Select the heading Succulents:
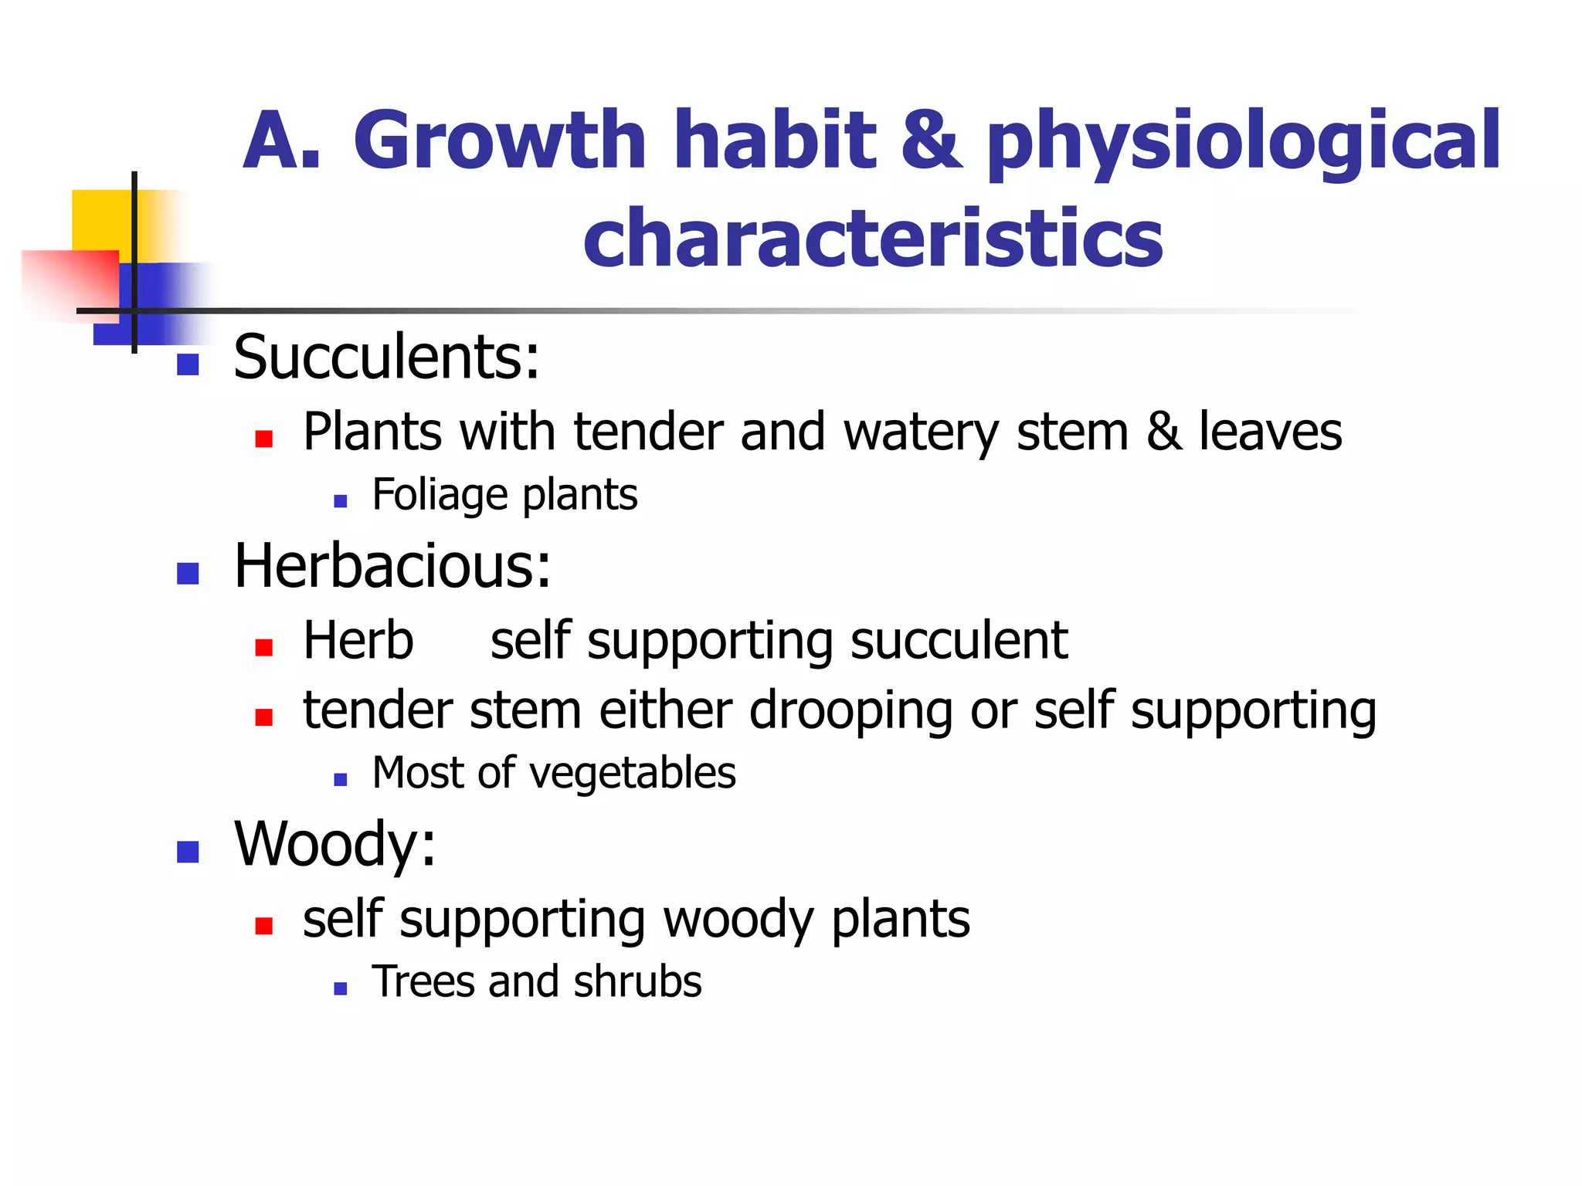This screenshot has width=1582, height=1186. pos(386,357)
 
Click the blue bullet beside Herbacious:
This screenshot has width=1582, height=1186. pos(188,573)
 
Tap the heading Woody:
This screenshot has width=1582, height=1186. pos(334,845)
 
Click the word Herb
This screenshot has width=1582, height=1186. pos(358,640)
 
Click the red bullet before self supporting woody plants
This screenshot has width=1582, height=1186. pos(264,925)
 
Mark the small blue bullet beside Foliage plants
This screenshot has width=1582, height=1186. pos(341,501)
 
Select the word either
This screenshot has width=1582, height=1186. pos(665,710)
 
